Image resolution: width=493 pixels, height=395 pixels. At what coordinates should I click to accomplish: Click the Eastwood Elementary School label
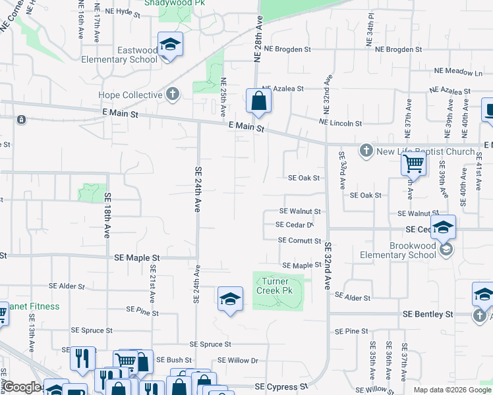click(x=129, y=55)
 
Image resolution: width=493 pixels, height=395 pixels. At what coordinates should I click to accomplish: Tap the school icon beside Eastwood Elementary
click(x=170, y=45)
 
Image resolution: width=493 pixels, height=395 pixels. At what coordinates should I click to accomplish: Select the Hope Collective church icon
click(x=173, y=95)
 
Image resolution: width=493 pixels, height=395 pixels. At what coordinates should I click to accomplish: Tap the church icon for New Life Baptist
click(x=367, y=151)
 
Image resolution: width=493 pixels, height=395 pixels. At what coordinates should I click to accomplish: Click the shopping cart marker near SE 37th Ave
click(x=413, y=162)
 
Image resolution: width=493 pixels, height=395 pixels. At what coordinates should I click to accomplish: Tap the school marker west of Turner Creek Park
click(x=229, y=300)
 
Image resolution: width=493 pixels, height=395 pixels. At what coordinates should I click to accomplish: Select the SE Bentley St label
click(x=428, y=315)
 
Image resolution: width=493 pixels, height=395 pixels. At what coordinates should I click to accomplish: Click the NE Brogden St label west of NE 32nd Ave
click(x=287, y=49)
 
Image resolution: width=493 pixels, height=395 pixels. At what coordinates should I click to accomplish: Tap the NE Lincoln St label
click(x=340, y=123)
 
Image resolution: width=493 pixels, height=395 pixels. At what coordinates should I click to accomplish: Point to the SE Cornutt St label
click(x=299, y=241)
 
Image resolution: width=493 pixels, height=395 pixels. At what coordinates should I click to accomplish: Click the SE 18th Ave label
click(x=106, y=216)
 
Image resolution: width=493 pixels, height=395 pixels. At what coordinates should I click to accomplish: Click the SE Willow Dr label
click(x=239, y=360)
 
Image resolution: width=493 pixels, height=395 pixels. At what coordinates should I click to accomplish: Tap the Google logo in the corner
click(x=22, y=388)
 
